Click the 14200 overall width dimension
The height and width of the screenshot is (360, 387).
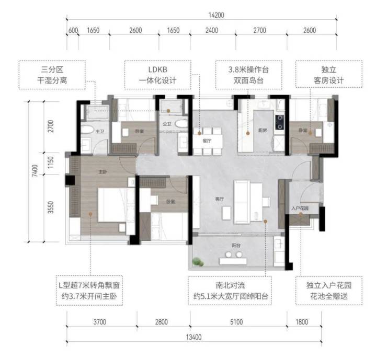tap(216, 15)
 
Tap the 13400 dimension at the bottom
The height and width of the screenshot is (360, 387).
tap(193, 337)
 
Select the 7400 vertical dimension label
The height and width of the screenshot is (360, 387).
tap(35, 170)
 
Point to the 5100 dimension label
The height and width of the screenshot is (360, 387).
tap(236, 322)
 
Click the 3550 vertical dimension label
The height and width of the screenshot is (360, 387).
tap(51, 207)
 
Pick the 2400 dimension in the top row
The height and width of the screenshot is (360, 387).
tap(212, 30)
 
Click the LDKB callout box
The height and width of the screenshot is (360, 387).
tap(157, 75)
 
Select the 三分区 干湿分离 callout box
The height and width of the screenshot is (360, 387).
tap(52, 75)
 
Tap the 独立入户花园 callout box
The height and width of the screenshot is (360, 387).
tap(329, 291)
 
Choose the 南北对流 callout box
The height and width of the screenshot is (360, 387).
tap(230, 291)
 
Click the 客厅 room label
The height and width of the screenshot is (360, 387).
tap(220, 199)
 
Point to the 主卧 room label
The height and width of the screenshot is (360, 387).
tap(103, 172)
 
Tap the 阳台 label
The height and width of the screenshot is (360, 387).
tap(236, 246)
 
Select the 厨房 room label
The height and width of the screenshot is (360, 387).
tap(263, 130)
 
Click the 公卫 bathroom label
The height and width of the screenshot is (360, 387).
tap(167, 124)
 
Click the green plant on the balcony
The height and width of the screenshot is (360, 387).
tap(198, 262)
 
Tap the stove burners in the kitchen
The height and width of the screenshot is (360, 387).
tap(280, 122)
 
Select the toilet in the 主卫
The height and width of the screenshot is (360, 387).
tap(87, 130)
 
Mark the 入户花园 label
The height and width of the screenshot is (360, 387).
tap(300, 208)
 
